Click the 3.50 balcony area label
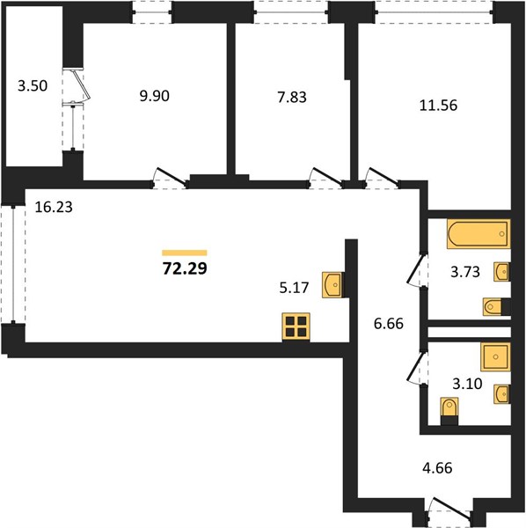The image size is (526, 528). coord(33,86)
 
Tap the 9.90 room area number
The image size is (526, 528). coord(155,96)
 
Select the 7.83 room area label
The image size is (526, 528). coord(292,98)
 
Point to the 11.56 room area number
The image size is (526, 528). coord(438,106)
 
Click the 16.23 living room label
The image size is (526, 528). coord(54,207)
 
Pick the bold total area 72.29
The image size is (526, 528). coord(185,268)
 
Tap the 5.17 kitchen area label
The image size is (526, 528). coord(294,288)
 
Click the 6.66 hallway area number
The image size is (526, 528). coord(389,324)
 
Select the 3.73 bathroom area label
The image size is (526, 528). coord(465,272)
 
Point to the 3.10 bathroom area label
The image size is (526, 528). coord(467,384)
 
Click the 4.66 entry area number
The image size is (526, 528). coord(437,468)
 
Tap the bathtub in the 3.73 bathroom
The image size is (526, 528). coord(479,234)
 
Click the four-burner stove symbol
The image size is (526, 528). coord(296,327)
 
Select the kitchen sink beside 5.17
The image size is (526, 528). coord(332,285)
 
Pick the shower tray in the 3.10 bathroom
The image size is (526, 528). coord(495,357)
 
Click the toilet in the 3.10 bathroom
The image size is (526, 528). coord(449,411)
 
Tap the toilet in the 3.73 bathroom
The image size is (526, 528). coord(496,307)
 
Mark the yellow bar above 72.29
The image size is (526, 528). coord(185,253)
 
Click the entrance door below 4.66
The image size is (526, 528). coord(451,510)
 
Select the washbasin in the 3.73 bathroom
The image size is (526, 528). coord(501,272)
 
